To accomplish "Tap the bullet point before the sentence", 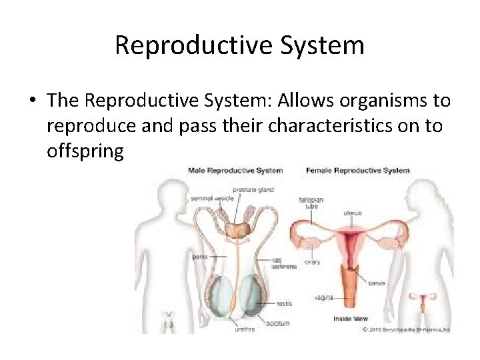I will point(32,101).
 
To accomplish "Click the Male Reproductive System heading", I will point(235,171).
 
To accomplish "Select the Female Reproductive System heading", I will point(357,171).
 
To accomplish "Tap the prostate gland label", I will point(253,189).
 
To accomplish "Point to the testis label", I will point(283,303).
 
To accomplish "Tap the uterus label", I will point(353,213).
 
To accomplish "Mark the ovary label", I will point(312,262).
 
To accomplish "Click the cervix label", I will point(376,283).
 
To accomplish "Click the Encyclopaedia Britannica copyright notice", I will point(406,329).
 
